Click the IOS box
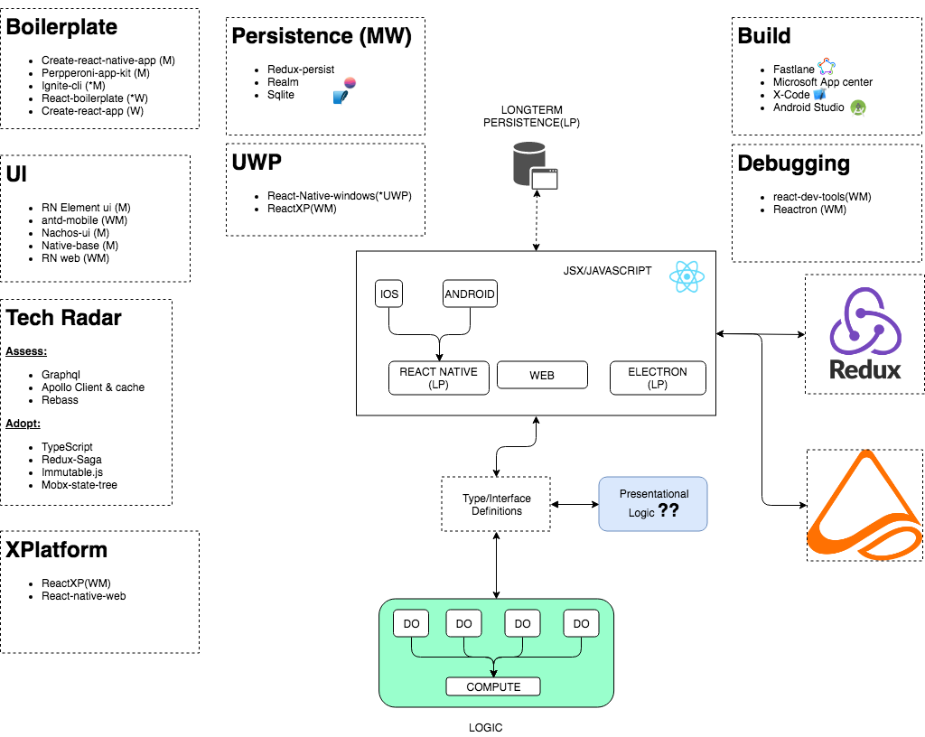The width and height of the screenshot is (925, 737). point(389,294)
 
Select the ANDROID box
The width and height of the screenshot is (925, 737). point(470,294)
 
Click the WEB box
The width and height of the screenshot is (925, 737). point(542,375)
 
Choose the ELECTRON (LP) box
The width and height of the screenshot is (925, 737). point(657,378)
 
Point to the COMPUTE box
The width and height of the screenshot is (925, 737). point(493,687)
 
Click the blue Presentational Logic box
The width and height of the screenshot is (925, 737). point(653,503)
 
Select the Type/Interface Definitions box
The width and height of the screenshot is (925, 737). point(496,505)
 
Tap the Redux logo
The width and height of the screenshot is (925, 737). point(864,334)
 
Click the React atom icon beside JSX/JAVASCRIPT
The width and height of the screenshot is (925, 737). point(687,276)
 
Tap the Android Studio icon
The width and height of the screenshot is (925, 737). point(858,107)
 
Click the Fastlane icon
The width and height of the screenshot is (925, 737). point(827,68)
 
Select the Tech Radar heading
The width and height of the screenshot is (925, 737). point(63,318)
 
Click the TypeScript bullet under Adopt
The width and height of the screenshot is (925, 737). point(67,447)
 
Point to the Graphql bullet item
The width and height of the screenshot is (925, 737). point(62,375)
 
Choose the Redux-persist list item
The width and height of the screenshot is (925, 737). point(301,70)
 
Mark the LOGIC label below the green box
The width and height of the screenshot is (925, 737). point(485,727)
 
